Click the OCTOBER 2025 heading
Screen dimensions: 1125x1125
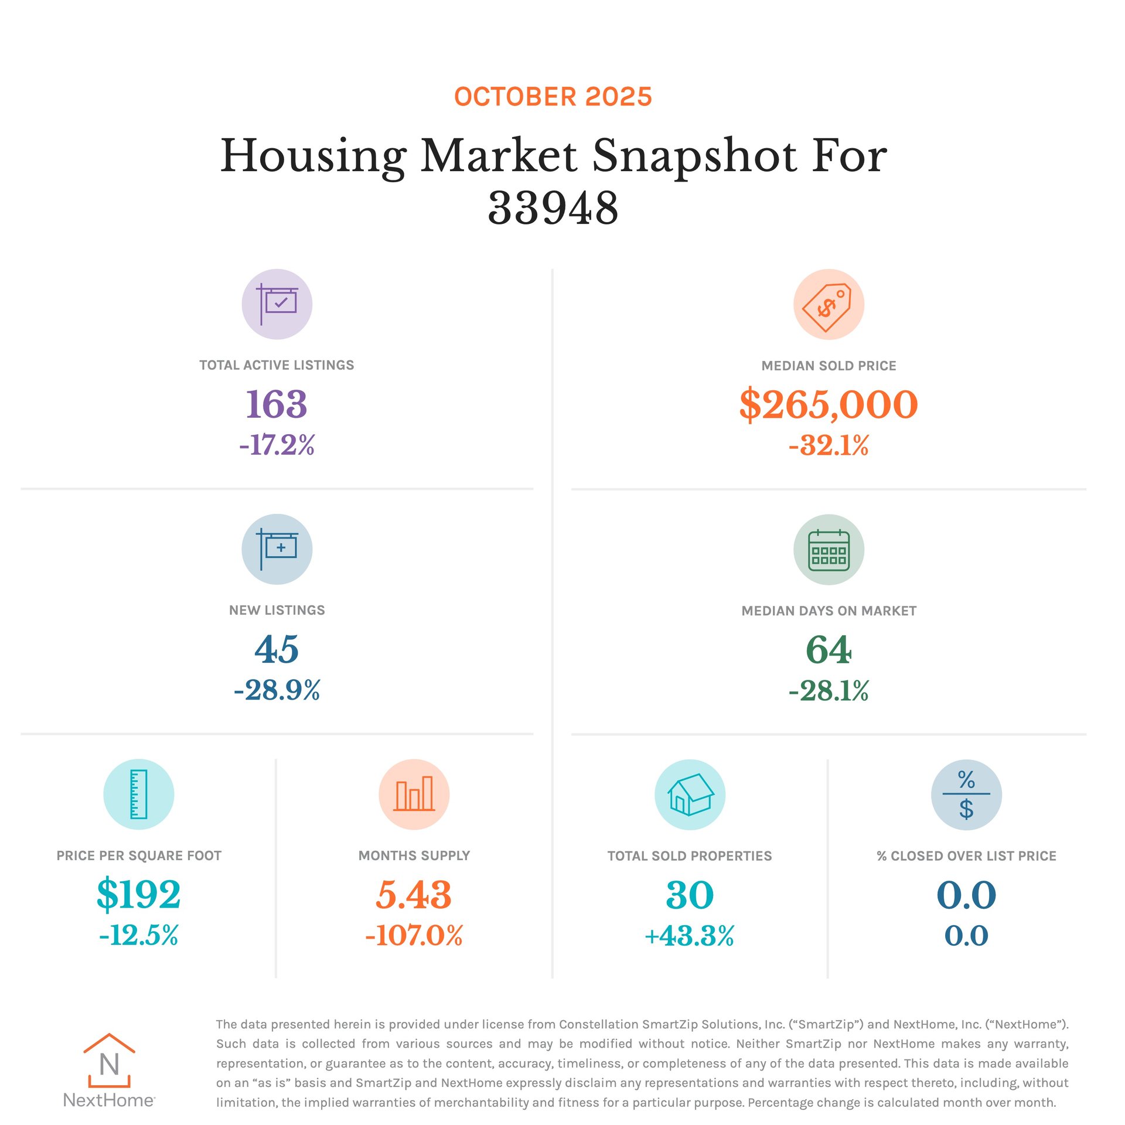click(x=553, y=97)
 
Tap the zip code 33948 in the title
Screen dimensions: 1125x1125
click(x=553, y=208)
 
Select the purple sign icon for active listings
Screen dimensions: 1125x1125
click(x=277, y=304)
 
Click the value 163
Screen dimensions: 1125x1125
click(x=277, y=404)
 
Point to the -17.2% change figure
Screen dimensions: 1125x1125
click(x=277, y=445)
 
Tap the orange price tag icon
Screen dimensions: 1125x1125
click(x=828, y=304)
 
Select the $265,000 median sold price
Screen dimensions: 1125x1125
click(x=828, y=404)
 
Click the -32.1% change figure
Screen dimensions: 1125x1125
click(x=828, y=445)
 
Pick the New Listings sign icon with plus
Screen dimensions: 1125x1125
click(x=277, y=549)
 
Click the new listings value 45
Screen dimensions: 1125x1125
click(x=277, y=649)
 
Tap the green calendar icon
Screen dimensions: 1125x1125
click(x=828, y=550)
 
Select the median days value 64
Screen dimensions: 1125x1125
click(x=828, y=650)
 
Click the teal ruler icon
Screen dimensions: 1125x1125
click(x=138, y=794)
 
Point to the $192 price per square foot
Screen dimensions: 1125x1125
click(x=138, y=895)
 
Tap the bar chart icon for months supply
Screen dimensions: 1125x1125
click(x=414, y=794)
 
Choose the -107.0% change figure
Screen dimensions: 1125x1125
click(x=414, y=935)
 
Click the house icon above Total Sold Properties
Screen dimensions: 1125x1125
click(x=690, y=795)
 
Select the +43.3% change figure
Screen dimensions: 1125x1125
click(x=690, y=936)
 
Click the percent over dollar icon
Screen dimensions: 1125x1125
click(x=966, y=795)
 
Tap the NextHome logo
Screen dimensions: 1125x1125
click(x=109, y=1070)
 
